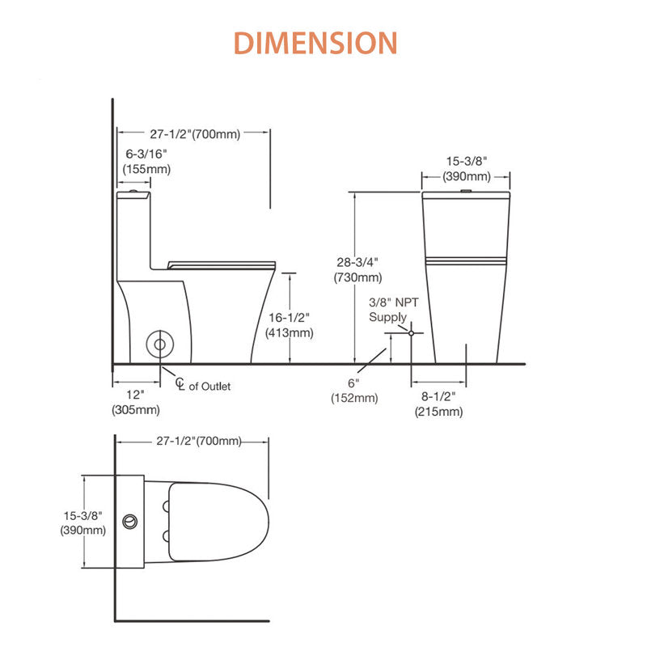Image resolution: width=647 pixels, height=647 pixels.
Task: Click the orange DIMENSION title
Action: point(315,43)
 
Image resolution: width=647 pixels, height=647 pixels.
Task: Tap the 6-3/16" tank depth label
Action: point(146,161)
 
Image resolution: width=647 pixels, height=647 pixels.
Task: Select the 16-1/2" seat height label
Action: point(290,325)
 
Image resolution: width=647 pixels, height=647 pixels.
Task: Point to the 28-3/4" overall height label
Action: point(357,270)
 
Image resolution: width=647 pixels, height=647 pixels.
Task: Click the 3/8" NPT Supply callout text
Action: point(394,310)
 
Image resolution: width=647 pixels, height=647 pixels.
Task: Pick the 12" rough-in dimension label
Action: point(135,402)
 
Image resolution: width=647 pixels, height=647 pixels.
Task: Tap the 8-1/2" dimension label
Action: point(438,404)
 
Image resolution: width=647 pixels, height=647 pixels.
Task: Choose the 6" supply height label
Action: point(354,391)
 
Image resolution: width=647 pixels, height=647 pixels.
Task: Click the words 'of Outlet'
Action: point(209,387)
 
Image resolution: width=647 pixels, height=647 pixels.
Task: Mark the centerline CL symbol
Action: point(180,383)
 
